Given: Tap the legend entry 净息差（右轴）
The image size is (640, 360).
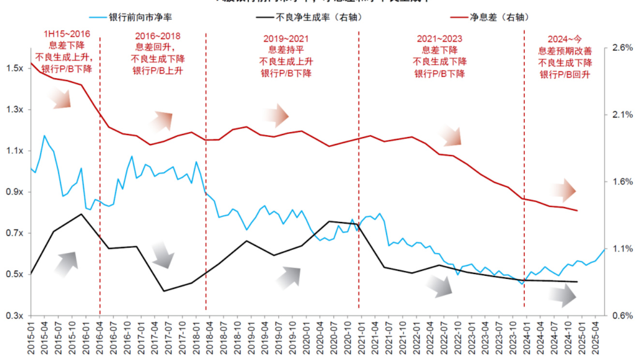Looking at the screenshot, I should [x=495, y=17].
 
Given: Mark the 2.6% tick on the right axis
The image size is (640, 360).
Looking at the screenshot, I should [x=623, y=48].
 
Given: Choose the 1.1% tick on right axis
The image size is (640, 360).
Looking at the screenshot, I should [x=623, y=249].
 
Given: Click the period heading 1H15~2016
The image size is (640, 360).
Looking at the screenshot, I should [x=67, y=35].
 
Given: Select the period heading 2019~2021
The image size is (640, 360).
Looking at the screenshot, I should [x=286, y=39].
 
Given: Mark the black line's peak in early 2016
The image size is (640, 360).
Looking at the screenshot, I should [x=81, y=214].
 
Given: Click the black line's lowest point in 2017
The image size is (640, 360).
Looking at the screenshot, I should [x=164, y=291].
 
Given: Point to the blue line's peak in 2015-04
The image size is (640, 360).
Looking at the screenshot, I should [x=45, y=135].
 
